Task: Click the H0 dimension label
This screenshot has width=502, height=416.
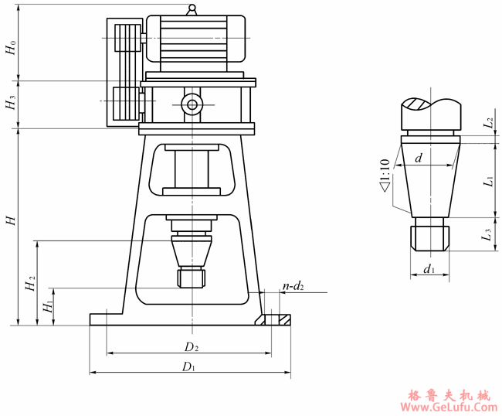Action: pos(11,46)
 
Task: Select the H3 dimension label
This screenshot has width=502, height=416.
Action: pos(11,103)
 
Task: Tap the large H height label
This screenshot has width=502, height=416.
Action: pos(11,221)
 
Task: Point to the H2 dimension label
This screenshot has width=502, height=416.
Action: pos(30,284)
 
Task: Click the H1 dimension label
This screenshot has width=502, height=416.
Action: pos(47,306)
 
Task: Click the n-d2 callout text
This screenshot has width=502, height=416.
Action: pos(293,287)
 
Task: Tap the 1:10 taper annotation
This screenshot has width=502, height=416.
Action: pos(384,175)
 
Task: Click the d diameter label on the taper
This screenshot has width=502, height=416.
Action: pos(418,158)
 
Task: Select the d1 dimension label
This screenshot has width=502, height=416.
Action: pos(429,270)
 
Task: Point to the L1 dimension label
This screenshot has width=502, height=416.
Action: pos(488,182)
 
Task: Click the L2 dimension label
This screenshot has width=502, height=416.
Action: pos(488,123)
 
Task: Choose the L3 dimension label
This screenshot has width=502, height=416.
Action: pos(487,236)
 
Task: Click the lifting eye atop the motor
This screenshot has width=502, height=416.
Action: pos(191,9)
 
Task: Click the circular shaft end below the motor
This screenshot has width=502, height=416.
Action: pos(191,104)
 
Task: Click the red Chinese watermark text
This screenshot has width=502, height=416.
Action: pos(449,394)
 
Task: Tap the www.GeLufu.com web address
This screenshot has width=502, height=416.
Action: pos(449,407)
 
